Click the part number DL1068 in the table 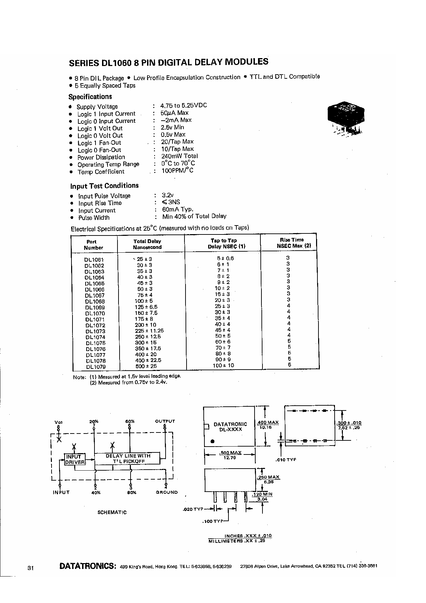click(95, 301)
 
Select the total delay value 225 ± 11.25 click(149, 331)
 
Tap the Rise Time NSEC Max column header click(289, 243)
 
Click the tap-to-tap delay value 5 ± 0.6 click(225, 258)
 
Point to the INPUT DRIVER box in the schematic click(75, 459)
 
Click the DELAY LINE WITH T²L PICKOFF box click(128, 459)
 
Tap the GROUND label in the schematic click(167, 492)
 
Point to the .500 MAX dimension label click(230, 453)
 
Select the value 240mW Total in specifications click(179, 156)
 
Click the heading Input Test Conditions click(104, 186)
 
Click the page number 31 click(30, 568)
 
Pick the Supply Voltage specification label click(97, 107)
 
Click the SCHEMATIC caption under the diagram click(112, 512)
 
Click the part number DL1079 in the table click(96, 367)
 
